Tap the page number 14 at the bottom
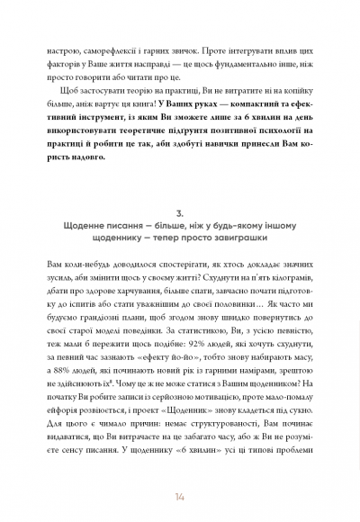(180, 496)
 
